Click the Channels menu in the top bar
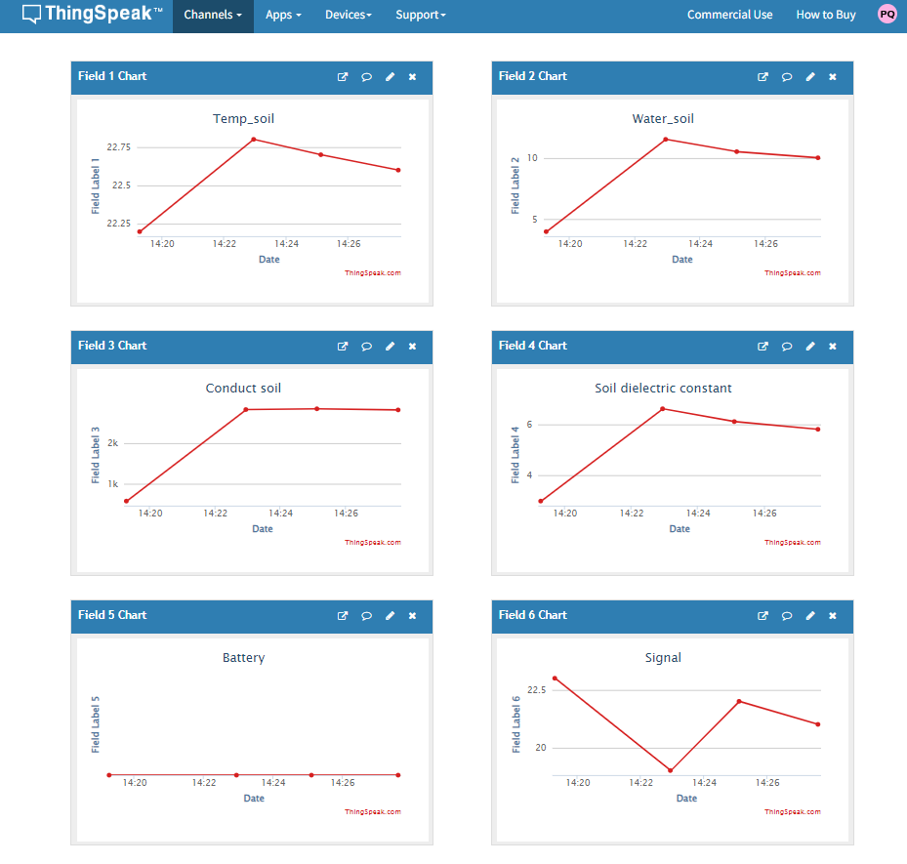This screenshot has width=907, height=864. coord(212,15)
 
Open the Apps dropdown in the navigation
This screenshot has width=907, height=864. coord(283,15)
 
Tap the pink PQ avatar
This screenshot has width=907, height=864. coord(887,14)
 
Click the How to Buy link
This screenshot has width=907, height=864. coord(825,15)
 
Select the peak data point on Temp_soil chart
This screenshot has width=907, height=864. coord(254,140)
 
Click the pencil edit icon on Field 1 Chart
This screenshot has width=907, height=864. coord(390,77)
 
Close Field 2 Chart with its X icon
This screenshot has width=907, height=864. coord(833,77)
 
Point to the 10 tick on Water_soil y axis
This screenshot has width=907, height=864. coord(532,158)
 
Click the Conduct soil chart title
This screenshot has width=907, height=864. coord(243,388)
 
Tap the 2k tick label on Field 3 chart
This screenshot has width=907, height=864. coord(113,443)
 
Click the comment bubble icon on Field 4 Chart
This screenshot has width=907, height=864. coord(787,347)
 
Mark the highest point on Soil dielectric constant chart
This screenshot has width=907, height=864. coord(663,409)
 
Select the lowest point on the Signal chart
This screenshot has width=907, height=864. coord(671,770)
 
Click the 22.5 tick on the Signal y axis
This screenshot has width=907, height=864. coord(536,690)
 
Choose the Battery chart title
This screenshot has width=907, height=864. coord(243,658)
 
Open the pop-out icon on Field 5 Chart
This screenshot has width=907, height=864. coord(343,616)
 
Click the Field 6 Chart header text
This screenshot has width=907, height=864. coord(533,615)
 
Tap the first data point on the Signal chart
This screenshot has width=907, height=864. coord(555,679)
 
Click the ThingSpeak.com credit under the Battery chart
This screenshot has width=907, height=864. coord(373,812)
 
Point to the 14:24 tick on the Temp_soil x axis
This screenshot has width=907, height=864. coord(286,244)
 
